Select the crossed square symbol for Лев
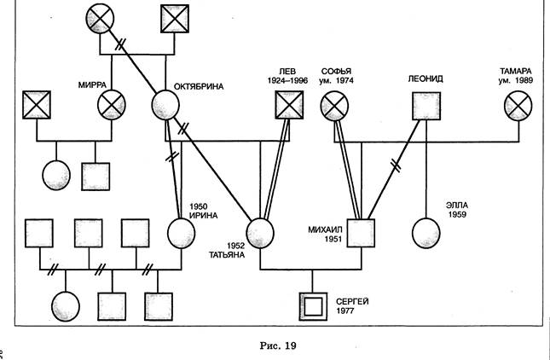[289, 105]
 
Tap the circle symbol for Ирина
[182, 231]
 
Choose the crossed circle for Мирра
[112, 106]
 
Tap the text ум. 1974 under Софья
[334, 80]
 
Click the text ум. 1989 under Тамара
[517, 80]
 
